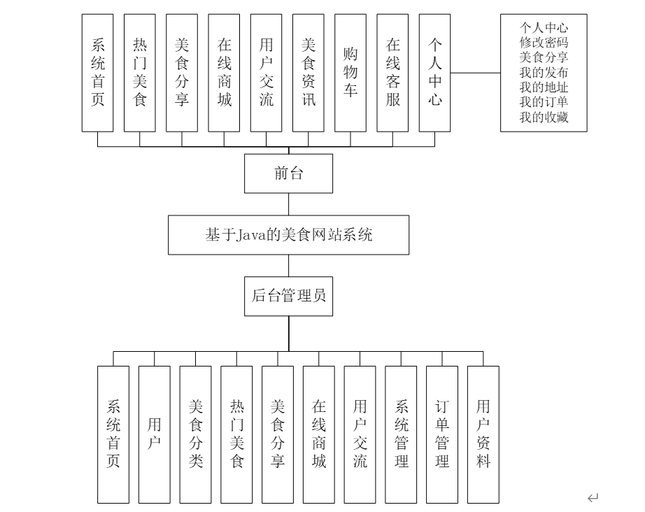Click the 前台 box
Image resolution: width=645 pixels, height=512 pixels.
(288, 173)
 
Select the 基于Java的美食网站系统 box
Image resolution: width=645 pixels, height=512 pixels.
(288, 235)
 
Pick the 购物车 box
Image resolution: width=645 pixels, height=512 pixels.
(350, 73)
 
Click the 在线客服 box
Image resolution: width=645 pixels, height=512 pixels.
(393, 73)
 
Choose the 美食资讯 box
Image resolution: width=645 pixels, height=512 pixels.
(309, 73)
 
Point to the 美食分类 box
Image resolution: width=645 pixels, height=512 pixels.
(195, 434)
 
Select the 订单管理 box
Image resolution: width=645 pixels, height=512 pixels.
(442, 434)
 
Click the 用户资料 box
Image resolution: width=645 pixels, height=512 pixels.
(483, 434)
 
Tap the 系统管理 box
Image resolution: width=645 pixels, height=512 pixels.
(401, 434)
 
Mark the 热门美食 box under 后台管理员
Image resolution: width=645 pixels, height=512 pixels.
(236, 434)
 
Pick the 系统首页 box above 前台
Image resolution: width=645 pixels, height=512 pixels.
(98, 73)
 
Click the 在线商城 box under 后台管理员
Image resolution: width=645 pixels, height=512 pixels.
(319, 434)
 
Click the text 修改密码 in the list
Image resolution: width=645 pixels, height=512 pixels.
(544, 42)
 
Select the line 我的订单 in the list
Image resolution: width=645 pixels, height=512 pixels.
(544, 103)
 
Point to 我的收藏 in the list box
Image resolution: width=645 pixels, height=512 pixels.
(544, 118)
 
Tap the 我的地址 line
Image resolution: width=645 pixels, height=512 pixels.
(544, 87)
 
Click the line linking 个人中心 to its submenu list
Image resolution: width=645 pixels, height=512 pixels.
(476, 72)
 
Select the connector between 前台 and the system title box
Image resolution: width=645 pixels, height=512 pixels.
(288, 204)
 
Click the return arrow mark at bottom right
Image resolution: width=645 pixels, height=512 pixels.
(593, 497)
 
